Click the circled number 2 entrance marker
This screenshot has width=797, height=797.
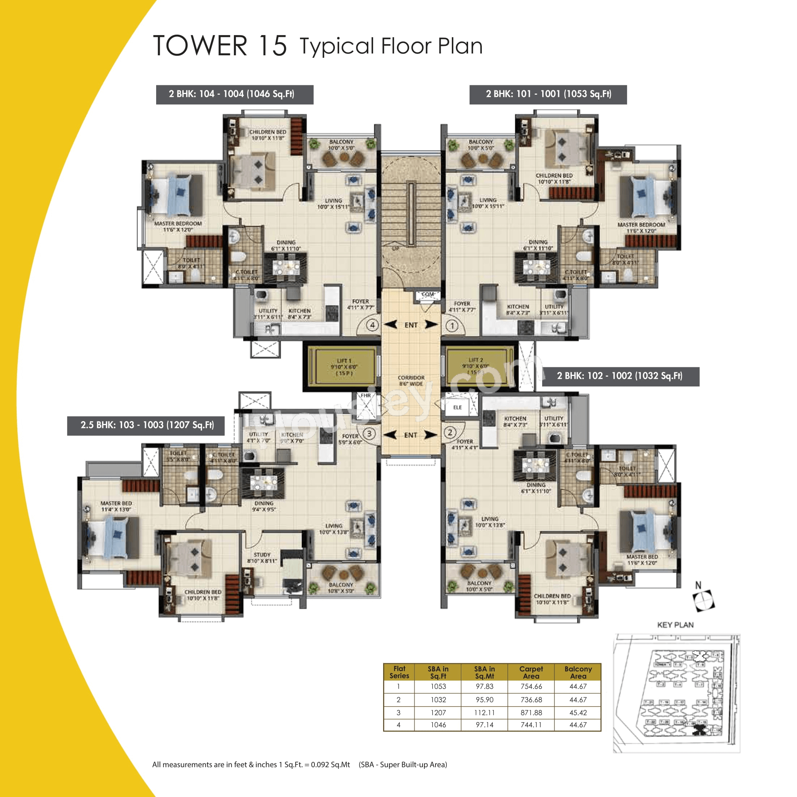click(450, 432)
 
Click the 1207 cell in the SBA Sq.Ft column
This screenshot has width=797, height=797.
click(438, 712)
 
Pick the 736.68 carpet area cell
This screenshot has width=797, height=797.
click(531, 700)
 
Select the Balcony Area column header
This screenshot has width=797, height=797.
click(578, 672)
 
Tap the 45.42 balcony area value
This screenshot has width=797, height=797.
click(578, 712)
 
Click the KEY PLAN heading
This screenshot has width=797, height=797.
click(675, 625)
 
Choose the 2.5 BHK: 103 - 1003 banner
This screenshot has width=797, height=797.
click(146, 425)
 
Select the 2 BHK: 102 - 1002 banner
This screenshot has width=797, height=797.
click(620, 376)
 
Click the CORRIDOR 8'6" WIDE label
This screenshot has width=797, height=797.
click(411, 380)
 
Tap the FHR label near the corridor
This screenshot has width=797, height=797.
click(365, 396)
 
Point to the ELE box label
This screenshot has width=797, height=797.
click(458, 407)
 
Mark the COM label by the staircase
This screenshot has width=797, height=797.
click(428, 295)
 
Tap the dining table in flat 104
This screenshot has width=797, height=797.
click(286, 267)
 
